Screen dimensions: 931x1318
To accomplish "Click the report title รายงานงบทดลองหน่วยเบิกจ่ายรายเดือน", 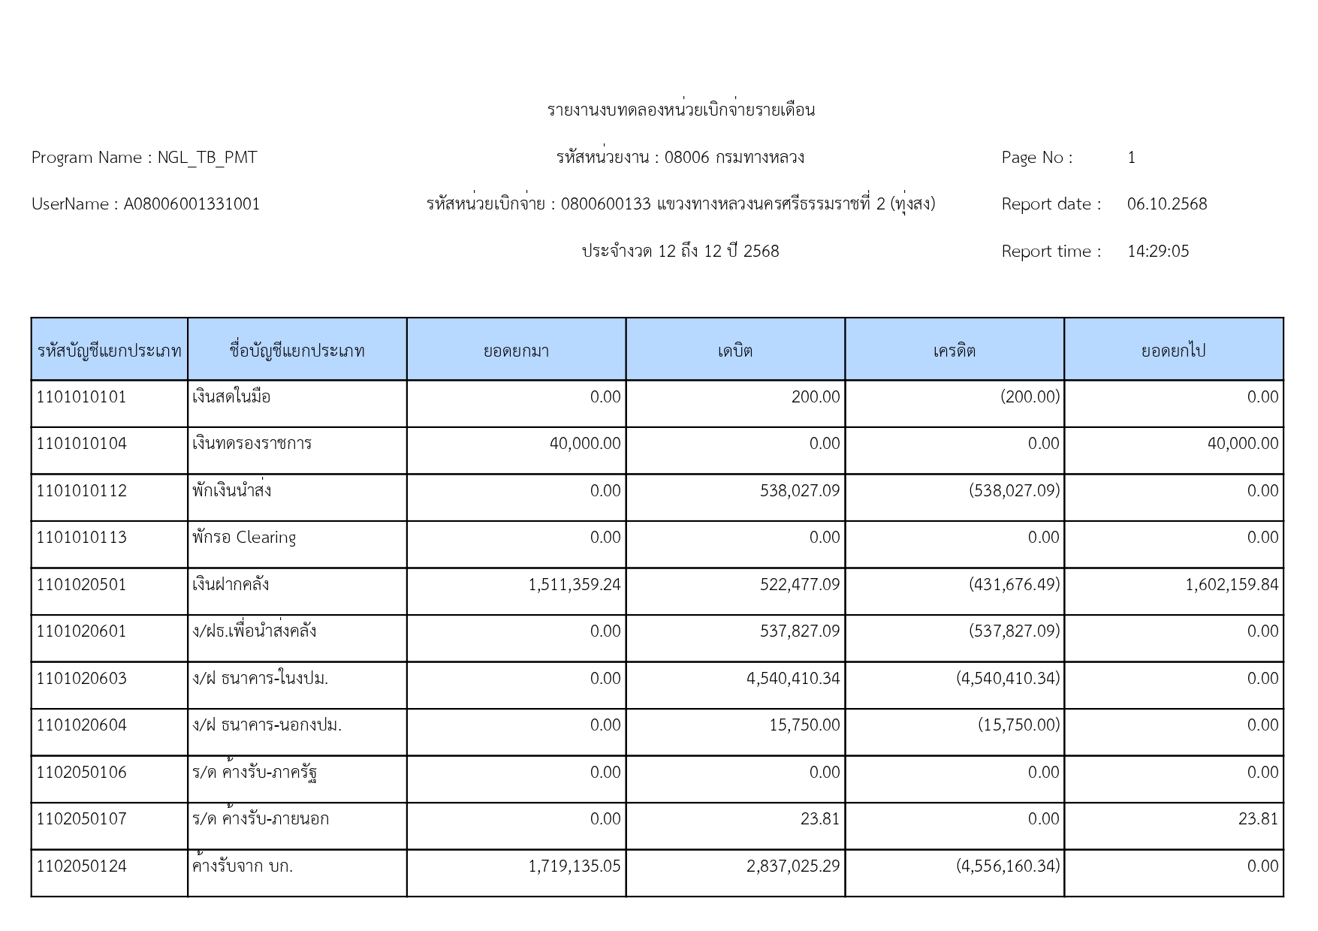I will (x=680, y=110).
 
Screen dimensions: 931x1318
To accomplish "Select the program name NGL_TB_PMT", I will (x=207, y=158).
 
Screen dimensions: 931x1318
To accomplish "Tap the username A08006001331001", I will (x=192, y=204).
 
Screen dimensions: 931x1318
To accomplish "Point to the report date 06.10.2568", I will (x=1166, y=204).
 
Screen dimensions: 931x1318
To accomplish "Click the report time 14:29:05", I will (x=1157, y=252).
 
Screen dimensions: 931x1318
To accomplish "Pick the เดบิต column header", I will (x=734, y=351).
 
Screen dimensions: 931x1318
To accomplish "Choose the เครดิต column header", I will (x=954, y=351).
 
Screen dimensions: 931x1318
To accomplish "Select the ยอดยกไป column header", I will (x=1173, y=351).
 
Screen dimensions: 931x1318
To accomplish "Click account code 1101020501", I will (x=82, y=585).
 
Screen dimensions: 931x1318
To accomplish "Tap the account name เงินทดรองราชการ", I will (x=252, y=444).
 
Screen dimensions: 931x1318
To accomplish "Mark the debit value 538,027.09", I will (x=799, y=491).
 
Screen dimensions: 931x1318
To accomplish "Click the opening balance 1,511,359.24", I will (x=575, y=585).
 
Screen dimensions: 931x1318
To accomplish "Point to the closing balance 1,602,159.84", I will (x=1231, y=585).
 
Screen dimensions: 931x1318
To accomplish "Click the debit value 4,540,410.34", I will (x=792, y=679).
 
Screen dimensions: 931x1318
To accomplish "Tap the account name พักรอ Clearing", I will (x=244, y=538).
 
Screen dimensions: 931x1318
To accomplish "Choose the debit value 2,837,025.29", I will (x=792, y=866).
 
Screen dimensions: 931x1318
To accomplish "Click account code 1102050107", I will (x=82, y=819).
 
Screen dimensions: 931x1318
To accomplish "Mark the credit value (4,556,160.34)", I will (x=1008, y=866).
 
